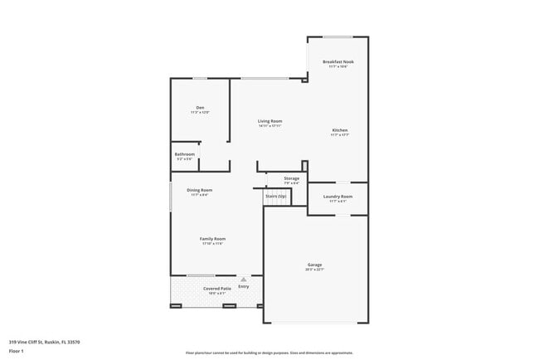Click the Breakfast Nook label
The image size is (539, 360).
pos(337,61)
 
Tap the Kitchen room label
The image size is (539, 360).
pos(339,131)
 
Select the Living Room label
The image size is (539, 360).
pos(270,121)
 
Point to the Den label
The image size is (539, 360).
pos(200,107)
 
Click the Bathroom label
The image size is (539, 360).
pos(184,153)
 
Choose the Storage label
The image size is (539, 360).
pos(291,178)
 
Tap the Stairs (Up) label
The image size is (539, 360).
pos(276,196)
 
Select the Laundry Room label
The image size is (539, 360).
pos(337,197)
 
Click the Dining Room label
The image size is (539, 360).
pos(199,190)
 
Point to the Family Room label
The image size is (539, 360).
pos(212,239)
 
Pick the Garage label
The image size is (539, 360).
pos(314,265)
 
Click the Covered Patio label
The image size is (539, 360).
pos(217,288)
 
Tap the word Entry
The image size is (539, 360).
pos(243,286)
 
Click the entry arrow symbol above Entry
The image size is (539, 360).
pos(243,280)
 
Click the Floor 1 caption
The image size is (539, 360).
pos(16,351)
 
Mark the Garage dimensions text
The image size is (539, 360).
pos(314,270)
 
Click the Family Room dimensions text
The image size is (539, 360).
pos(212,244)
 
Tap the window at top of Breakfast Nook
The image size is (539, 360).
pos(337,36)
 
